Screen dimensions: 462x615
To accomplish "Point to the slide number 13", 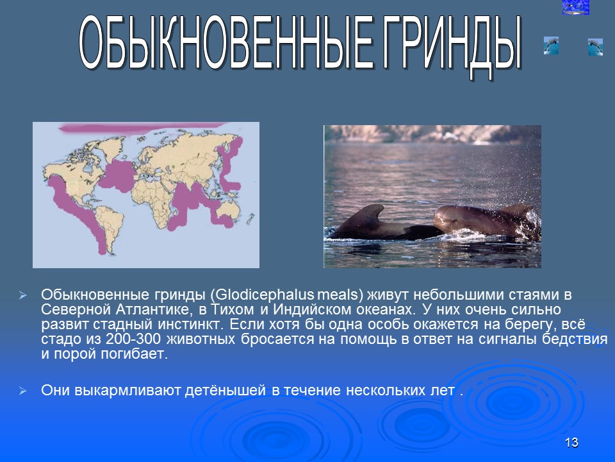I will pyautogui.click(x=572, y=442).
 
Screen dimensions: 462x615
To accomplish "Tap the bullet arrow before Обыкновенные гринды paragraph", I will pyautogui.click(x=23, y=296).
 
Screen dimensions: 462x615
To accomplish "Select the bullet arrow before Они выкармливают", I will pyautogui.click(x=23, y=391).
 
